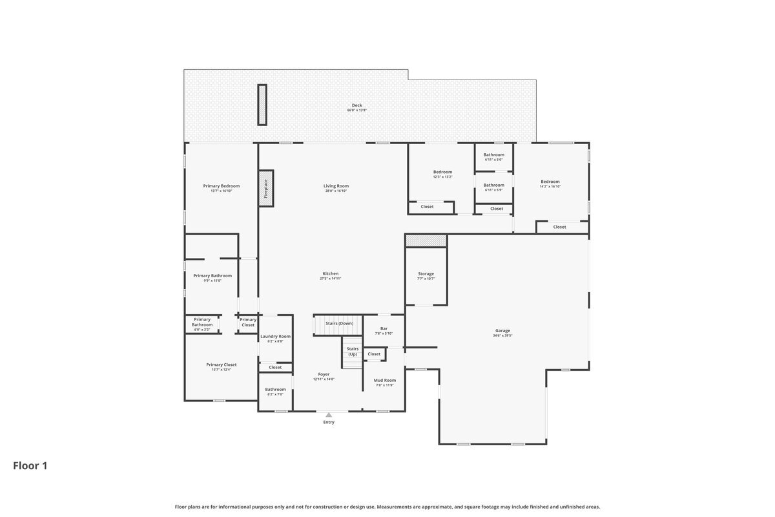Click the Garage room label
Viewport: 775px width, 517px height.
tap(502, 331)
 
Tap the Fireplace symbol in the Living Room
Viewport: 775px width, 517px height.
tap(265, 188)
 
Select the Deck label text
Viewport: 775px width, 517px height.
tap(356, 105)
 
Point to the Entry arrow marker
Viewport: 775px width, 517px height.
tap(329, 415)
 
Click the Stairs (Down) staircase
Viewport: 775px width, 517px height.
tap(338, 324)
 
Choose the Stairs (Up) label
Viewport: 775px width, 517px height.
tap(352, 352)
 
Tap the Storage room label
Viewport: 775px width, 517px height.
tap(426, 274)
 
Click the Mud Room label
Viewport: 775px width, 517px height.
tap(384, 381)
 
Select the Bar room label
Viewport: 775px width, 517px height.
tap(384, 328)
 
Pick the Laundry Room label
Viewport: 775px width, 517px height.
tap(275, 336)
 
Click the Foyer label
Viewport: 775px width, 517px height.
tap(324, 374)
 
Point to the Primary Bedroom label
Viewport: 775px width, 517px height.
tap(221, 186)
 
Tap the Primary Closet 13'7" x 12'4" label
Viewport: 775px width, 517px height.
tap(221, 364)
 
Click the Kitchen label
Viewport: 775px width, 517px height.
tap(330, 273)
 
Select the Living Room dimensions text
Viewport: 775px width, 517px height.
tap(336, 191)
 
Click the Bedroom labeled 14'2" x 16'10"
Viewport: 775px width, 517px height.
tap(550, 182)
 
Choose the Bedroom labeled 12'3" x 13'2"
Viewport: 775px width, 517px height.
tap(442, 172)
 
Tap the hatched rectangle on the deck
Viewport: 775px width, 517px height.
tap(262, 105)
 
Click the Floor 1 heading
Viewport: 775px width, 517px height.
tap(30, 465)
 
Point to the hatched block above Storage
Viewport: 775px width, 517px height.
tap(426, 240)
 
